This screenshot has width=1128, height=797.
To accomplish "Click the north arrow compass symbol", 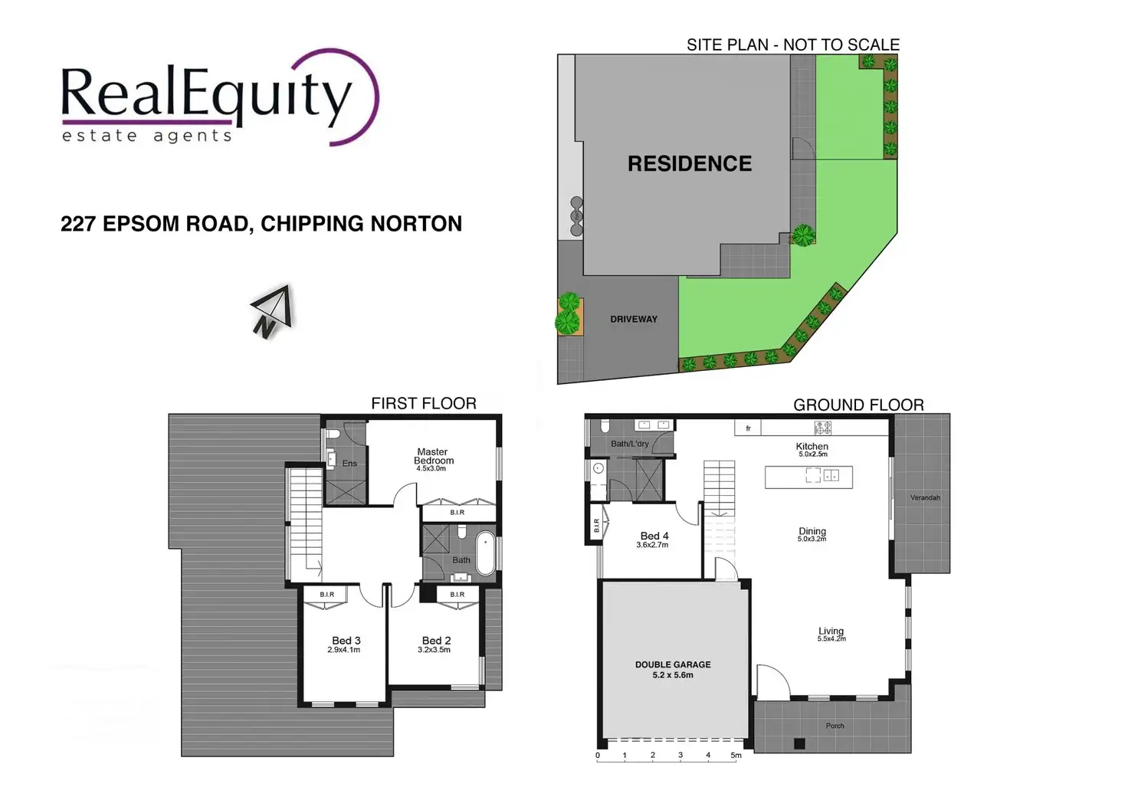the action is point(273,311).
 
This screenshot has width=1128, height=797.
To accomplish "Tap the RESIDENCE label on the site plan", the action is point(690,164).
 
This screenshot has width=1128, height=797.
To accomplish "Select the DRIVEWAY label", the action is point(634,320).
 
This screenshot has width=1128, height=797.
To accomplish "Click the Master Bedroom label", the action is point(433,456).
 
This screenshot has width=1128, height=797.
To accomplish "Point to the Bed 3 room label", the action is point(346,641).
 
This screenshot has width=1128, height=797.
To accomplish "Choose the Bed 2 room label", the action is point(436,641).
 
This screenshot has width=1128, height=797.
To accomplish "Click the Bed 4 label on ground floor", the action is point(654,536).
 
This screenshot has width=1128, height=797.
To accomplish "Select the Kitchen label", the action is point(812,446).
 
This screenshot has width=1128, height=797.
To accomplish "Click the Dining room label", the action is point(812,531).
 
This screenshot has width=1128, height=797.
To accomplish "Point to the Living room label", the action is point(831,631).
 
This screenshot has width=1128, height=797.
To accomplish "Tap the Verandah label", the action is point(925,497).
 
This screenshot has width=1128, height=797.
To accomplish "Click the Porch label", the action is point(835,726).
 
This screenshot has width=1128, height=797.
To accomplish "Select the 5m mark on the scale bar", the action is point(736,755).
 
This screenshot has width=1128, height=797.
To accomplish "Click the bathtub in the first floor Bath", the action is point(485,553).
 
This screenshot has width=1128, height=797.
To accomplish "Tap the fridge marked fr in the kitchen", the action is point(748,428).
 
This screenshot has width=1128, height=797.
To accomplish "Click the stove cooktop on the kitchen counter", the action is point(823,428).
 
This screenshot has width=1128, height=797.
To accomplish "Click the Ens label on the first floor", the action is point(349,463).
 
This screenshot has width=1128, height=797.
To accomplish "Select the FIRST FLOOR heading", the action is point(424,403).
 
